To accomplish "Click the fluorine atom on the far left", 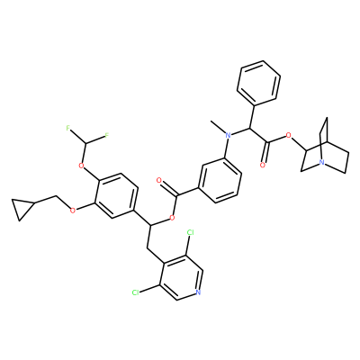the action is (x=68, y=129).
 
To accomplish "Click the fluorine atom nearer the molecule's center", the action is (x=106, y=137).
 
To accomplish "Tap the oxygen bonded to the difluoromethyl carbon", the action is (x=80, y=166).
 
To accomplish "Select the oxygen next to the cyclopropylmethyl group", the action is (x=72, y=211).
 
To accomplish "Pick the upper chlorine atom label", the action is (x=191, y=232).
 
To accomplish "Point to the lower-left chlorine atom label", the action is (x=136, y=292).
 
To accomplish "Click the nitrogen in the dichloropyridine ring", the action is (x=197, y=292).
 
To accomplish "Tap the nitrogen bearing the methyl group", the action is (x=229, y=136).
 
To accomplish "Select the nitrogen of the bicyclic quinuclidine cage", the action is (x=321, y=163).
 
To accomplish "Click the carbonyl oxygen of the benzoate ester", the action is (x=159, y=180).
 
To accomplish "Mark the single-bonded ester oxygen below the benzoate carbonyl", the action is (x=172, y=217).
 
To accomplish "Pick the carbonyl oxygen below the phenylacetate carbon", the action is (x=263, y=165).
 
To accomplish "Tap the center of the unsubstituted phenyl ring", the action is (x=258, y=83).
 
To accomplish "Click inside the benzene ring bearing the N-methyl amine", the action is (x=220, y=180).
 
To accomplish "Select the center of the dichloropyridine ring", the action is (x=180, y=277).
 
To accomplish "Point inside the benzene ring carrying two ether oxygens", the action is (x=116, y=195).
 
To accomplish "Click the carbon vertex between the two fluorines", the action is (x=86, y=143).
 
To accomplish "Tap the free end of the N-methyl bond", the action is (x=211, y=121).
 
